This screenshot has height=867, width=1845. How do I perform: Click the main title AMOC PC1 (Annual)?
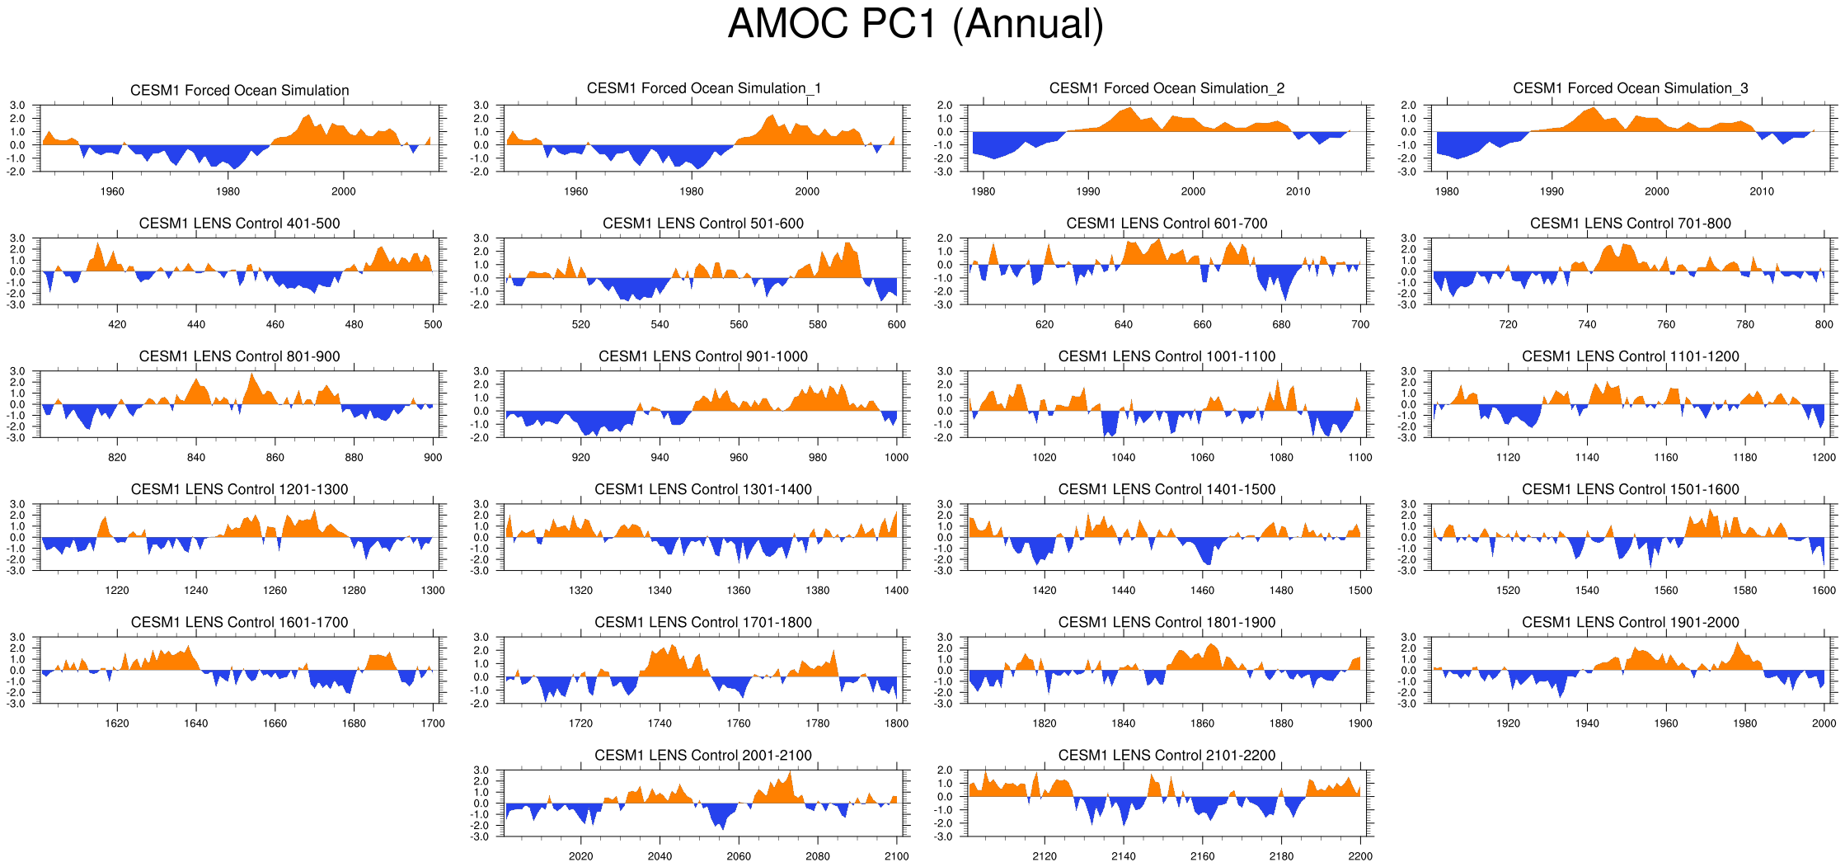915,25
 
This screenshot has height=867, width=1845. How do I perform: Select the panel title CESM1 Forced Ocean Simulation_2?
1167,88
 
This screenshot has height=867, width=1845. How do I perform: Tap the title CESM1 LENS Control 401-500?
239,224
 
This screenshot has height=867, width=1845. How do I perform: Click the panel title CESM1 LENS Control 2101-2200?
1167,756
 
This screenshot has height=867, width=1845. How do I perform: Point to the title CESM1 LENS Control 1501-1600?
1630,490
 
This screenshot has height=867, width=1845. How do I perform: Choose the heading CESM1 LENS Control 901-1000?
702,356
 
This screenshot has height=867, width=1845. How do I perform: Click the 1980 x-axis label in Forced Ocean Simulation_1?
691,191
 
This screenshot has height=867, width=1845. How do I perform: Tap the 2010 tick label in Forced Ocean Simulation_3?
1762,191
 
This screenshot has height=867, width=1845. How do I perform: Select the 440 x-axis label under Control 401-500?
196,325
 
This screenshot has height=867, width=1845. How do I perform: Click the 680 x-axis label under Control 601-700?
1281,325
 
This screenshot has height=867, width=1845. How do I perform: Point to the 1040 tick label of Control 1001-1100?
1123,458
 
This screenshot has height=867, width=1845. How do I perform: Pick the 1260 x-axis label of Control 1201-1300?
275,591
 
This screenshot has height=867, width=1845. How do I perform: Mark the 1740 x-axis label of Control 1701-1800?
660,723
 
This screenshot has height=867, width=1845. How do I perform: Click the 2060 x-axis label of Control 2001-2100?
739,856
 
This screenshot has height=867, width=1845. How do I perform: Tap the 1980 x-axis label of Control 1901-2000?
1744,723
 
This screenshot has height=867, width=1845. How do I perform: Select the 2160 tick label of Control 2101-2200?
1202,856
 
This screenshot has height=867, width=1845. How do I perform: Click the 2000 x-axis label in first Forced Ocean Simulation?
344,191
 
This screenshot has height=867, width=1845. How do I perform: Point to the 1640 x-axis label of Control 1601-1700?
196,723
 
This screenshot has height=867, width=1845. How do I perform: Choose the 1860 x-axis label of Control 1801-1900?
1202,723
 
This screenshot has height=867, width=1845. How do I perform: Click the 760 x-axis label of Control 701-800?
1666,325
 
